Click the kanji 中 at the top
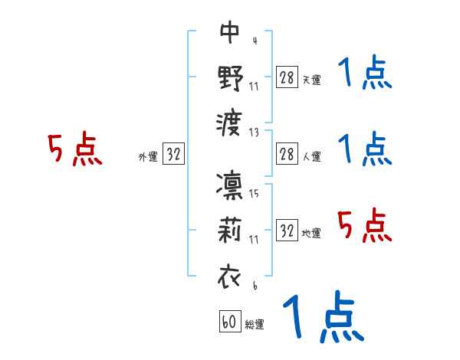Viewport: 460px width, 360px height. click(x=230, y=32)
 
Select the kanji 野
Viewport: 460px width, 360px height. click(x=230, y=77)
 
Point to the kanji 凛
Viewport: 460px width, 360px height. click(x=230, y=187)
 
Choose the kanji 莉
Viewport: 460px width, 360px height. click(x=230, y=231)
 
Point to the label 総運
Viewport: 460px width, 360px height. click(x=255, y=324)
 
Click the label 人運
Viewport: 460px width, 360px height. click(x=312, y=156)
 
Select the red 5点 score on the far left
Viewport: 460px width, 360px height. click(x=74, y=150)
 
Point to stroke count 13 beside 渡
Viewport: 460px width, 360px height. click(x=254, y=131)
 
